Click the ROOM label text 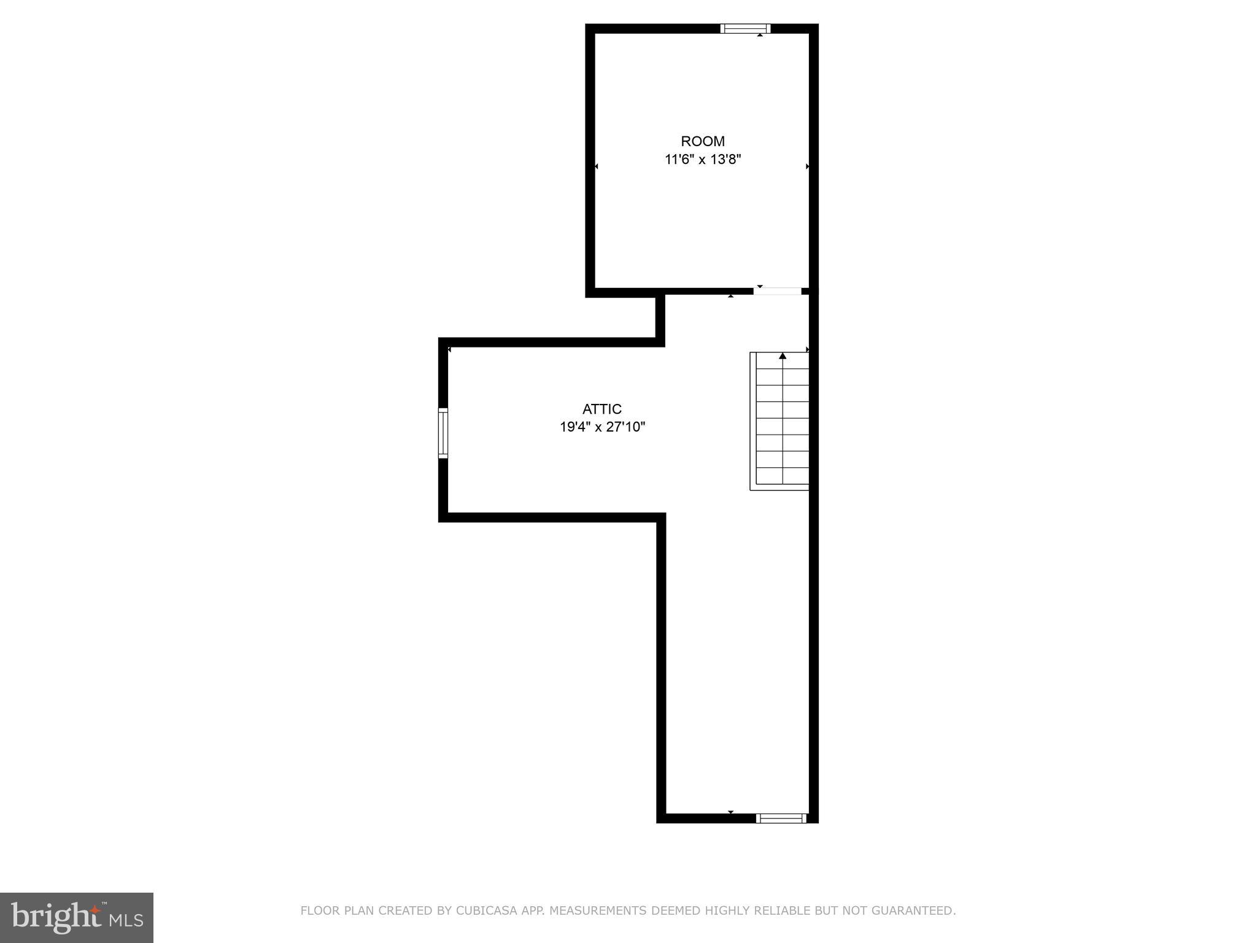[703, 141]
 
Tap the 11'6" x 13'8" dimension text [703, 160]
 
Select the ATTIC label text [602, 409]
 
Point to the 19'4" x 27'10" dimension [602, 427]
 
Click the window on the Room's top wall [745, 28]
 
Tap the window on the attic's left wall [443, 433]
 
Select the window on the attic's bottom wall [781, 818]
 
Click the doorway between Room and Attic [778, 291]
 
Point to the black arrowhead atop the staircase [783, 356]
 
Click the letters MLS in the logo [126, 920]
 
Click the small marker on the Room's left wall [596, 166]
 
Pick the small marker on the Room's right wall [807, 166]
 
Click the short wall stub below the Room [660, 318]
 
